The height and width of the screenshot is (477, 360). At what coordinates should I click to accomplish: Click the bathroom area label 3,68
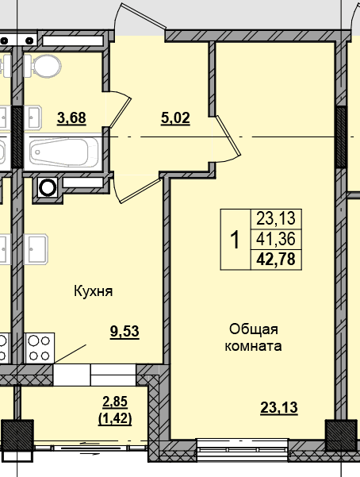pyautogui.click(x=71, y=118)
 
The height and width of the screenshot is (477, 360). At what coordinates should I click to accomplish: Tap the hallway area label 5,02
pyautogui.click(x=175, y=118)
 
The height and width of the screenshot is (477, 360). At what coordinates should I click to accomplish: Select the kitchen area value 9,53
pyautogui.click(x=124, y=332)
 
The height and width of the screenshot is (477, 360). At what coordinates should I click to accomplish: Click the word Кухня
pyautogui.click(x=94, y=291)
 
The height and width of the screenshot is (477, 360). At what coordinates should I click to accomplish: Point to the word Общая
pyautogui.click(x=254, y=329)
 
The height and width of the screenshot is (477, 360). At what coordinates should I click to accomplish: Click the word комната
pyautogui.click(x=253, y=346)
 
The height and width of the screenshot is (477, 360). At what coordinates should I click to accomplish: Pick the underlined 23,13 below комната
pyautogui.click(x=279, y=408)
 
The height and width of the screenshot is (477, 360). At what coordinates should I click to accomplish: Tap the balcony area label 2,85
pyautogui.click(x=115, y=402)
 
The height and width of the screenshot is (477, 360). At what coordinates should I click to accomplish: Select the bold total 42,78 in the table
pyautogui.click(x=276, y=260)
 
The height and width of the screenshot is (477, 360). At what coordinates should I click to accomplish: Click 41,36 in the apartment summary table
pyautogui.click(x=276, y=239)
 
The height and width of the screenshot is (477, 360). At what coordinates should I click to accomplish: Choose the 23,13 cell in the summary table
pyautogui.click(x=276, y=219)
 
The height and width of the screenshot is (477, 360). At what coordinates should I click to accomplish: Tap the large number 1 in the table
pyautogui.click(x=235, y=240)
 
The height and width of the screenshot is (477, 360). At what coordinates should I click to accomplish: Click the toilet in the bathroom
pyautogui.click(x=42, y=66)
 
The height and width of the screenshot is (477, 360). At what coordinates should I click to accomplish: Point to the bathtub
pyautogui.click(x=63, y=152)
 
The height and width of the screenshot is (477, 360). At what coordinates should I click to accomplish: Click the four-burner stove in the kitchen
pyautogui.click(x=40, y=348)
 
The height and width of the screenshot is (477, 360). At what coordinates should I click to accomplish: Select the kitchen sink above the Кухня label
pyautogui.click(x=36, y=249)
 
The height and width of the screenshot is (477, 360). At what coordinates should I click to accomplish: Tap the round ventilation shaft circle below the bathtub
pyautogui.click(x=48, y=187)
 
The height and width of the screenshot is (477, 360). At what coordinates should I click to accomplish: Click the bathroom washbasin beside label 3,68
pyautogui.click(x=33, y=117)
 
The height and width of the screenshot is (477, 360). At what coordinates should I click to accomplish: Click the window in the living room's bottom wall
pyautogui.click(x=243, y=450)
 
